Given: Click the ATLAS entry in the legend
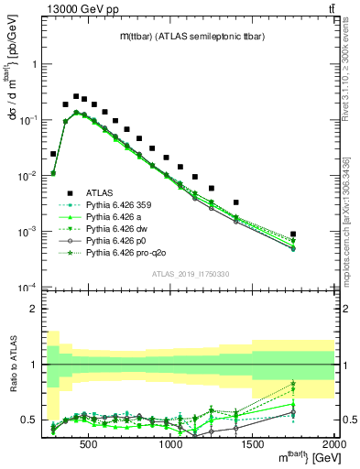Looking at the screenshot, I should point(99,191).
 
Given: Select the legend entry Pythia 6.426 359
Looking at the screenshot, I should point(117,204).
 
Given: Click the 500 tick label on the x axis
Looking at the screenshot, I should point(88,446).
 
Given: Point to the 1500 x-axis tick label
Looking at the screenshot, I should point(252,446).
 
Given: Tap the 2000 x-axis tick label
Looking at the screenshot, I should point(333,446).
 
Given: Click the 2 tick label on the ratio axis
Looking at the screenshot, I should point(32,309).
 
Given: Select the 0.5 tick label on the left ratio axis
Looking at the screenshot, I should point(27,420).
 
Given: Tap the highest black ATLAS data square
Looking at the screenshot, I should point(77,95).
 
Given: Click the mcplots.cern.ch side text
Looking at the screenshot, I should point(352,220).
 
